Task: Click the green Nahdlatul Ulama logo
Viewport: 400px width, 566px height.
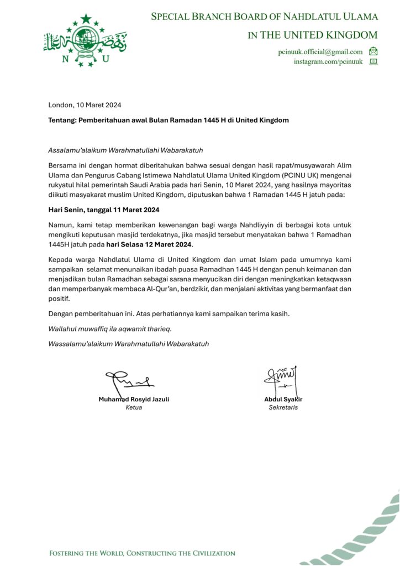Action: (85, 41)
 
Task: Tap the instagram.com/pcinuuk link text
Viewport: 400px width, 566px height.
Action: (328, 62)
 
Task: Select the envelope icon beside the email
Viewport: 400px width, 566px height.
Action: (373, 51)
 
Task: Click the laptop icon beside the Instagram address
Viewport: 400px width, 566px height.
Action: (373, 61)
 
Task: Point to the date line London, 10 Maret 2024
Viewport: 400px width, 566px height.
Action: (85, 105)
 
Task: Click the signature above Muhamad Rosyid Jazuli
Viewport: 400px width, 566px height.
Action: (129, 380)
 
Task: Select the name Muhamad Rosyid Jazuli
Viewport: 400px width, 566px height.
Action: (134, 399)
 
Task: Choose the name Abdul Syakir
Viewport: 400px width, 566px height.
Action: (283, 399)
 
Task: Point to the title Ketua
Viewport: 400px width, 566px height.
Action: (134, 408)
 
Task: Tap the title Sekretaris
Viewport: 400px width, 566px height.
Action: (283, 408)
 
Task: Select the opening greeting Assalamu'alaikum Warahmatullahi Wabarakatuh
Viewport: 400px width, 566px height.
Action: (122, 150)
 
